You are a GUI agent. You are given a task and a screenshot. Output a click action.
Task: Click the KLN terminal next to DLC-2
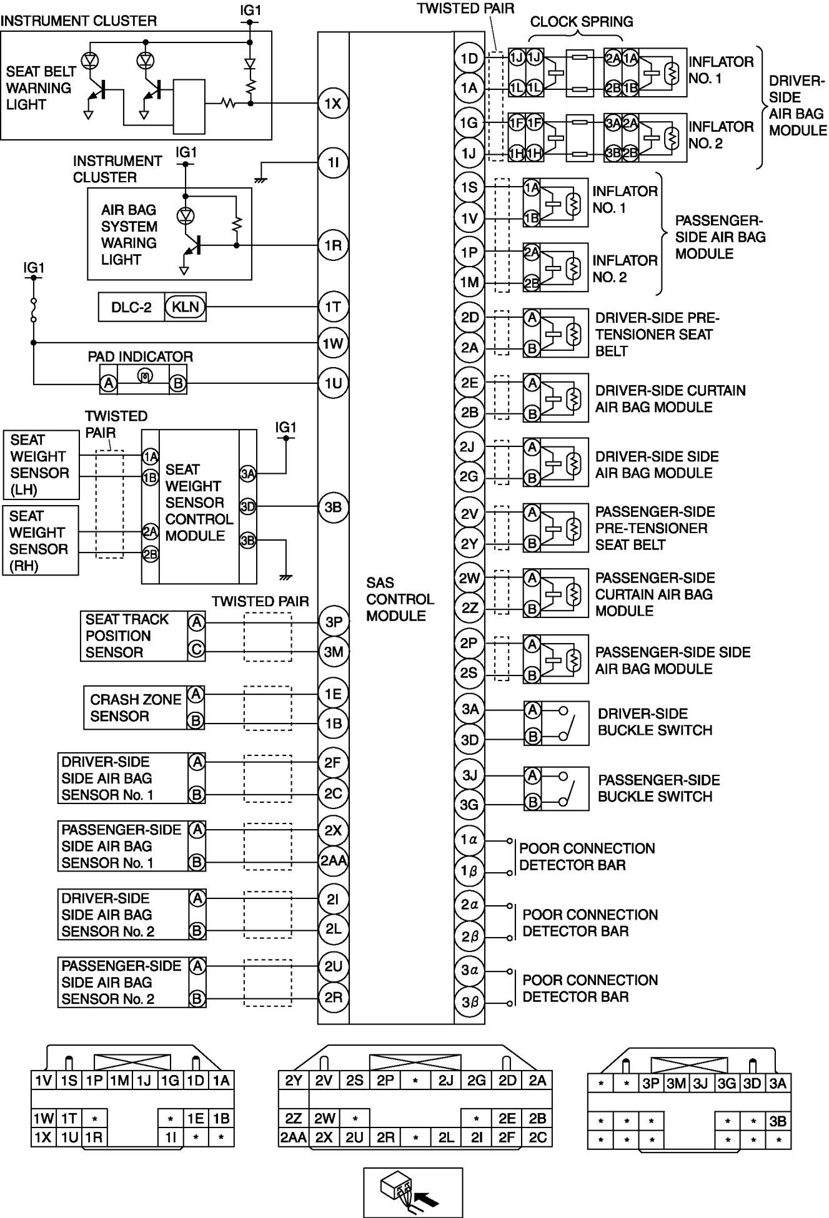click(x=185, y=307)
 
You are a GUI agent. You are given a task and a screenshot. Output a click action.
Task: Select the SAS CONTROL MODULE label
click(x=400, y=599)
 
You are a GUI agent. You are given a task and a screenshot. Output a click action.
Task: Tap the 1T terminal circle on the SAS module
click(x=333, y=307)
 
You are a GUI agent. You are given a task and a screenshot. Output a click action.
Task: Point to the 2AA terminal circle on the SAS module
click(x=333, y=861)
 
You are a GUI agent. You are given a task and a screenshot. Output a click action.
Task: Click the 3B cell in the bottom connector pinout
click(x=778, y=1121)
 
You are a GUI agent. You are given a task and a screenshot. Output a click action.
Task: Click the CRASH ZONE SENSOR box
click(x=136, y=708)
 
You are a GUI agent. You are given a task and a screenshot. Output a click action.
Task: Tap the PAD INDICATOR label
click(x=140, y=356)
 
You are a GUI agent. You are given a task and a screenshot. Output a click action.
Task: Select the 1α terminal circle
click(x=469, y=840)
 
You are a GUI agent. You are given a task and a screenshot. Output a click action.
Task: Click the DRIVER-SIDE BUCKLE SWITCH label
click(x=655, y=722)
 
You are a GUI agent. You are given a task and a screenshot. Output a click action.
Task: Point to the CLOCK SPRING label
click(x=581, y=22)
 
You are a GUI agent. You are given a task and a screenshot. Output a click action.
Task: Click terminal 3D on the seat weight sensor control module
click(x=247, y=506)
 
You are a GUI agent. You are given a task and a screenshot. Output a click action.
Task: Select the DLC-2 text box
click(x=131, y=307)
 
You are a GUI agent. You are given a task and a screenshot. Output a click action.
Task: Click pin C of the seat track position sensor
click(x=196, y=651)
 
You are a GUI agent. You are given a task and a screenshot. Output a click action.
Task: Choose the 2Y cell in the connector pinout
click(x=294, y=1081)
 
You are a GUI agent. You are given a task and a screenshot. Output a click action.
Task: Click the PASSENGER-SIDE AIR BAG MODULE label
click(x=720, y=237)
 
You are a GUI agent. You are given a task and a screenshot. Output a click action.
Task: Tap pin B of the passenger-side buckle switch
click(x=532, y=802)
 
